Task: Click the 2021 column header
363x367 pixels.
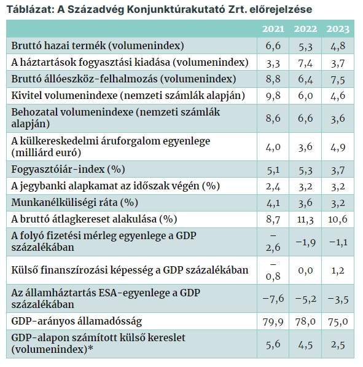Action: click(273, 29)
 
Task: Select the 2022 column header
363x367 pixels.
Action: click(305, 29)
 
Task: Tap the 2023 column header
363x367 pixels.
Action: click(338, 29)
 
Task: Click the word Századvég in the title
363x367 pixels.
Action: click(96, 10)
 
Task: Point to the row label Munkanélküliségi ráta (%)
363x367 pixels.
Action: click(74, 202)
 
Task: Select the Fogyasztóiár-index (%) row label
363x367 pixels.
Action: click(68, 169)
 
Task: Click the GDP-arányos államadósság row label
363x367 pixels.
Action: click(77, 321)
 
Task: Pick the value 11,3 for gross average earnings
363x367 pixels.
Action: click(305, 219)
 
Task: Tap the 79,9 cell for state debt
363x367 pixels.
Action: click(273, 322)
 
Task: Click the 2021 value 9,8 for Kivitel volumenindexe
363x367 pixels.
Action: click(273, 96)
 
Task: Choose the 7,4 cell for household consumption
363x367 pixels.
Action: click(305, 63)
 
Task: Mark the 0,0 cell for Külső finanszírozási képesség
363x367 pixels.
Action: click(305, 270)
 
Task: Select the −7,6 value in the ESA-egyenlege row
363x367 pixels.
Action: click(273, 299)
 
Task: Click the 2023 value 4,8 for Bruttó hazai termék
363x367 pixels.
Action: click(338, 46)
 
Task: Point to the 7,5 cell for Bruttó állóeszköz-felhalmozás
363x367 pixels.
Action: click(338, 79)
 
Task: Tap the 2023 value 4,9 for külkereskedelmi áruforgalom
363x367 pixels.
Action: click(338, 147)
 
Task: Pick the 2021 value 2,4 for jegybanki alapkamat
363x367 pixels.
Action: click(273, 186)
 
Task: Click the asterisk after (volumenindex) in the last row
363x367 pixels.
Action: click(90, 348)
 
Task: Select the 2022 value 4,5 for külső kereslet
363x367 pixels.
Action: click(305, 345)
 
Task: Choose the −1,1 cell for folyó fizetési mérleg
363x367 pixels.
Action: click(338, 242)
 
